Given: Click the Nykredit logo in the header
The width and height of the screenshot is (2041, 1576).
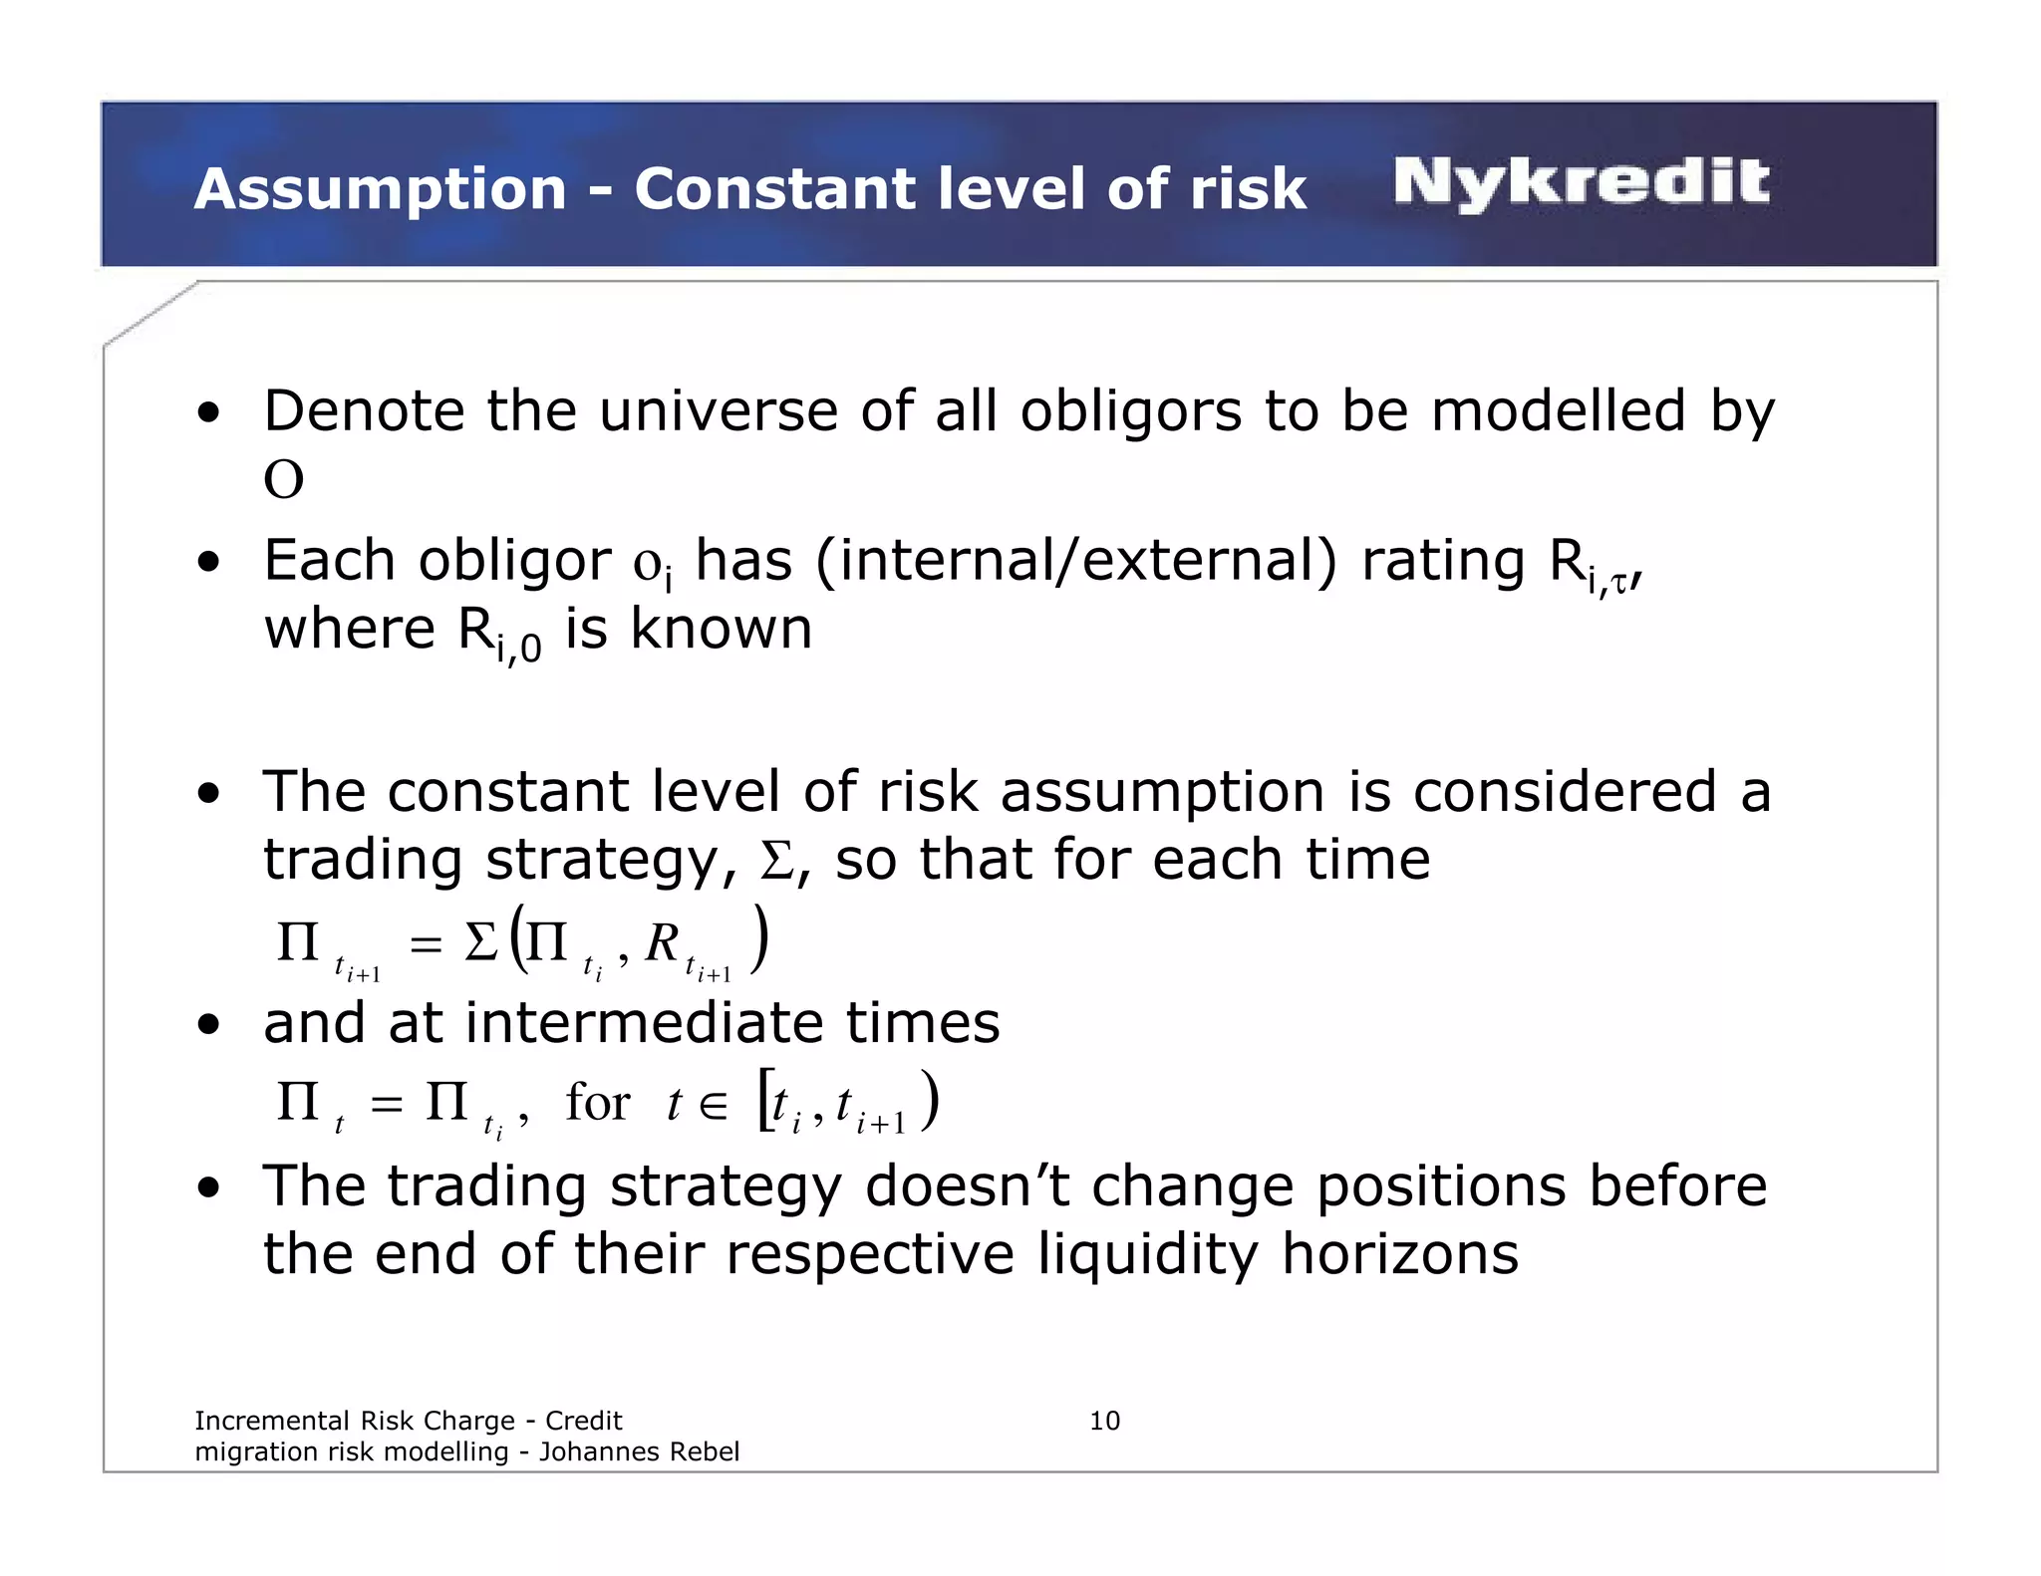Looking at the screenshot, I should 1581,183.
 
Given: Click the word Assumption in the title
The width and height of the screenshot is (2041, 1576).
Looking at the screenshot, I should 381,189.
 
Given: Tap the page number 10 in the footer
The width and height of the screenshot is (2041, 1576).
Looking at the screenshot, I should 1104,1421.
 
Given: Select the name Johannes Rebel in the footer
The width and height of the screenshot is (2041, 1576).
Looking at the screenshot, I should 639,1451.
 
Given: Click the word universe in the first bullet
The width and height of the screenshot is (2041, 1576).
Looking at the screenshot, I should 718,411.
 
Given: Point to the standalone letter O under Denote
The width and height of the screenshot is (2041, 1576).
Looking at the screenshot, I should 283,480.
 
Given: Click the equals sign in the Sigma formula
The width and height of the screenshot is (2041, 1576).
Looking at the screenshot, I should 426,943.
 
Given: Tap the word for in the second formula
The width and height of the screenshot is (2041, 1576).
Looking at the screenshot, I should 598,1103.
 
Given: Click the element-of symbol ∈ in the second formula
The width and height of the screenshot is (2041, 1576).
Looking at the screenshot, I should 713,1104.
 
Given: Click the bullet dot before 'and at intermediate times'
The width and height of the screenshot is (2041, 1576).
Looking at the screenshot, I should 208,1025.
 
